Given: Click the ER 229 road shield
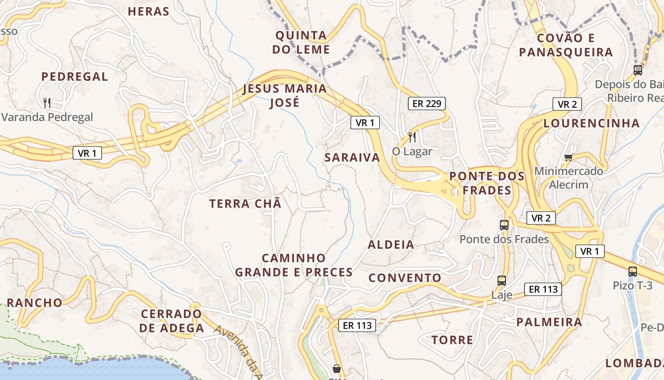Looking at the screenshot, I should pyautogui.click(x=427, y=104).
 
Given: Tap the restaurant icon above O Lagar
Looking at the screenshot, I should pyautogui.click(x=412, y=137).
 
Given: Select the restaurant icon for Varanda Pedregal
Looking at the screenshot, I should pyautogui.click(x=47, y=103).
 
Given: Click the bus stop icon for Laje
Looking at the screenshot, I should pyautogui.click(x=502, y=281).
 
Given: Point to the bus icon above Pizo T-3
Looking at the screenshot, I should pyautogui.click(x=633, y=272).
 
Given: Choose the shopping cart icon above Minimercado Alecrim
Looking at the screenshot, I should pyautogui.click(x=568, y=157).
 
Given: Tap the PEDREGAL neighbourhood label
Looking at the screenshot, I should pyautogui.click(x=74, y=76).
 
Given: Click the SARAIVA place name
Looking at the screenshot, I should pyautogui.click(x=352, y=158).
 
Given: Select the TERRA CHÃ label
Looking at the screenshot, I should pyautogui.click(x=245, y=204).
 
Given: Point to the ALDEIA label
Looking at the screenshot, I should pyautogui.click(x=391, y=245).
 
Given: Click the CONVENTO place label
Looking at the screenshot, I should pyautogui.click(x=405, y=278).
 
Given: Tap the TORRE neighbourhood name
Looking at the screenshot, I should pyautogui.click(x=452, y=340).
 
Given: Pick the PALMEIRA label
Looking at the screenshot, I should pyautogui.click(x=549, y=322).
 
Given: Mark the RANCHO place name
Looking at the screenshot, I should pyautogui.click(x=35, y=303).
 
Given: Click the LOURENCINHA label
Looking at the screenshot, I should pyautogui.click(x=591, y=123).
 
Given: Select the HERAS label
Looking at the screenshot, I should pyautogui.click(x=148, y=11).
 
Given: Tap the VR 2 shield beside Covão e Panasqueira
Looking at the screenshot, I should pyautogui.click(x=567, y=104).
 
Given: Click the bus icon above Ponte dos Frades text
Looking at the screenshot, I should pyautogui.click(x=504, y=225).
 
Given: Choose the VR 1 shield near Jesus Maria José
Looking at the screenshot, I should pyautogui.click(x=365, y=123).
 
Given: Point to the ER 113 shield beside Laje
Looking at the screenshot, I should pyautogui.click(x=543, y=289).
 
